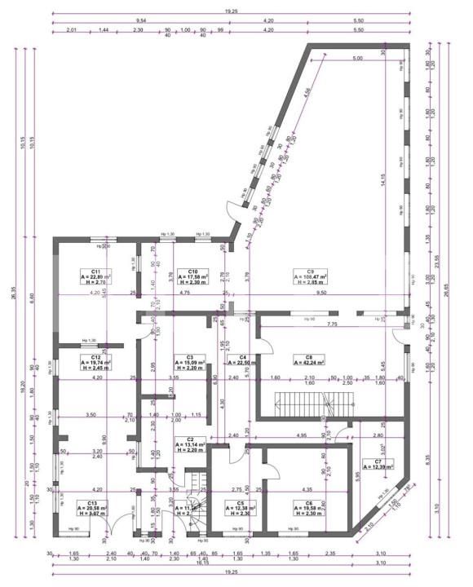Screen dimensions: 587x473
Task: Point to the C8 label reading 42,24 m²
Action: pyautogui.click(x=310, y=361)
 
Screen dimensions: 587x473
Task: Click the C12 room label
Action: pyautogui.click(x=95, y=362)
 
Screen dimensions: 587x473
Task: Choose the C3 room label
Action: pyautogui.click(x=189, y=362)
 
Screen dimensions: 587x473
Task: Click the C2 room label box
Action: pyautogui.click(x=189, y=444)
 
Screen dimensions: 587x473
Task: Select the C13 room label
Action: pyautogui.click(x=92, y=508)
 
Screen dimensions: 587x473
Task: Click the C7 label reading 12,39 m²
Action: pyautogui.click(x=378, y=464)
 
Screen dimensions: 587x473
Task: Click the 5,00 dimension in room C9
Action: pyautogui.click(x=357, y=59)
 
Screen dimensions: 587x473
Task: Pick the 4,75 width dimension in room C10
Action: pyautogui.click(x=184, y=291)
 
